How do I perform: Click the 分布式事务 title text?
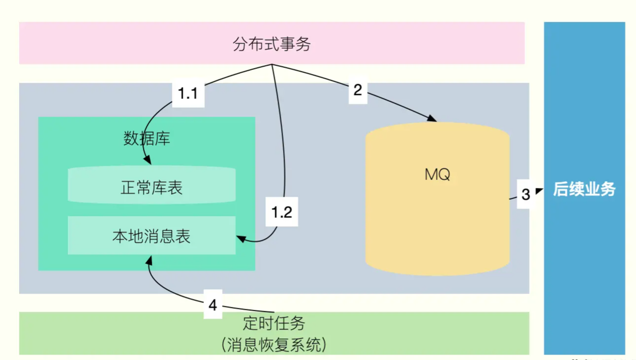click(x=272, y=44)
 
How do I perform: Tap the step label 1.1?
click(x=188, y=93)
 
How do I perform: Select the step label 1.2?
click(x=282, y=212)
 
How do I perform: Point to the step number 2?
click(x=358, y=90)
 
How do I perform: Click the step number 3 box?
click(x=525, y=194)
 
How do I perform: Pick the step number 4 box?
click(x=212, y=305)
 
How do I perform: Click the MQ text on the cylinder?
click(x=437, y=175)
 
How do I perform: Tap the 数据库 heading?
click(x=147, y=139)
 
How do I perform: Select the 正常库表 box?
click(x=151, y=187)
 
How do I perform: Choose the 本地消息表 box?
click(x=151, y=237)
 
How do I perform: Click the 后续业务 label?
click(x=584, y=189)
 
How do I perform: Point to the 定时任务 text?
click(x=274, y=323)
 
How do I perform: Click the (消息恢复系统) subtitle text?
click(x=274, y=344)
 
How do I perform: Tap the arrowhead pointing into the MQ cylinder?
click(x=432, y=119)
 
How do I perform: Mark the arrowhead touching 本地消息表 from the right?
click(x=241, y=239)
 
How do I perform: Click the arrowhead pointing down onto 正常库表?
click(x=147, y=160)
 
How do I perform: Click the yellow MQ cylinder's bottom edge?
click(x=437, y=273)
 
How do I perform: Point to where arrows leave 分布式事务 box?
click(x=272, y=64)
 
